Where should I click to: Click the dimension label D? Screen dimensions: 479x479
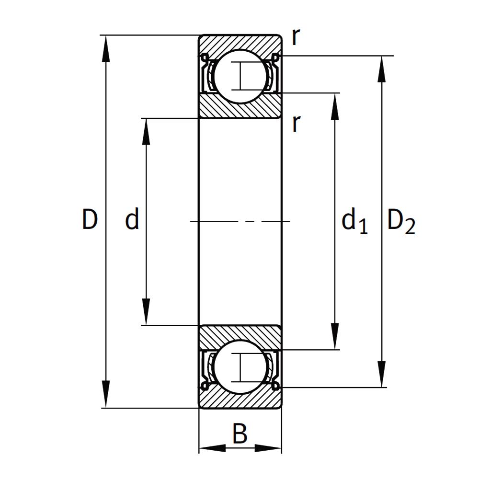click(90, 220)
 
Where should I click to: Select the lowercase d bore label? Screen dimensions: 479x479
click(132, 220)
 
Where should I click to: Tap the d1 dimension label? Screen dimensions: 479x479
click(354, 222)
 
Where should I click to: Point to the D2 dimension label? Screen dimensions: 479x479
click(400, 222)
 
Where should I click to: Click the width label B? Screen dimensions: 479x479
click(239, 435)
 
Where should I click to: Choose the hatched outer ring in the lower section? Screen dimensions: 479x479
click(239, 400)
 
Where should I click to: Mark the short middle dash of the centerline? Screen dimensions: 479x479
click(248, 221)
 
